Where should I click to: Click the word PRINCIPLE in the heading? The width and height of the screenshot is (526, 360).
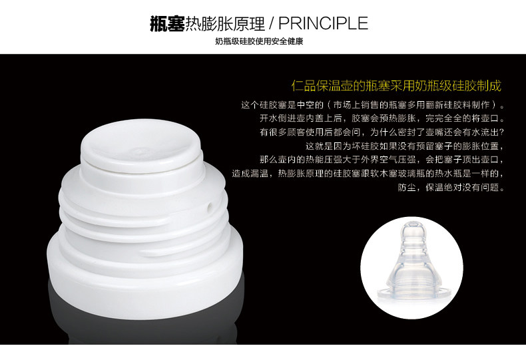323,23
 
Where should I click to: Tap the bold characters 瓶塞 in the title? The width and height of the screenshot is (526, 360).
167,23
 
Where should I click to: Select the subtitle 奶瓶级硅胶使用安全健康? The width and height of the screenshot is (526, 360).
259,41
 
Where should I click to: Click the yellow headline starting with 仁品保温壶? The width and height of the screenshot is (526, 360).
396,86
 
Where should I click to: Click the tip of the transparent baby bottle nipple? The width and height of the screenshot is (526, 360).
413,226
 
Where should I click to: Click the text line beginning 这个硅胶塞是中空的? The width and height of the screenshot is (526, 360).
373,105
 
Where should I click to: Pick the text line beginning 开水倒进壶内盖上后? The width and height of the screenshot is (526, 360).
382,118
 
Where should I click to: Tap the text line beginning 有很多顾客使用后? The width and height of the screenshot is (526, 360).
382,132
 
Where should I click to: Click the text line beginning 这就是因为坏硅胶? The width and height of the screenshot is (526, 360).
405,146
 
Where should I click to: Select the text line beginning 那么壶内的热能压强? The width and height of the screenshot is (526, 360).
382,160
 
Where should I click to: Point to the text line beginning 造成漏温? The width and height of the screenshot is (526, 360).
368,174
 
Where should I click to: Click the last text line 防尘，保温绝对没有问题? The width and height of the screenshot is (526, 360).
451,188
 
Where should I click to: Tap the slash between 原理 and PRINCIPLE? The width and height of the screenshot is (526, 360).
272,23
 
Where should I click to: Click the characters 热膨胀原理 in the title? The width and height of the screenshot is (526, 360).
225,23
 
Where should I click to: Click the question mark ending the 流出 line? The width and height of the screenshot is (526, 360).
502,132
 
